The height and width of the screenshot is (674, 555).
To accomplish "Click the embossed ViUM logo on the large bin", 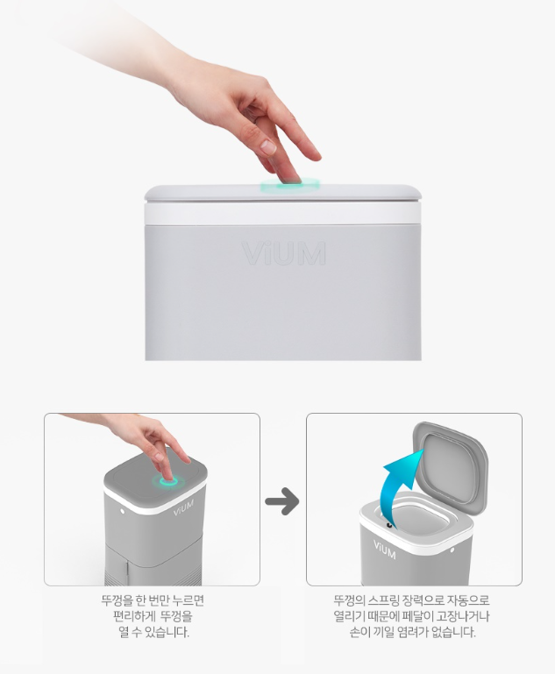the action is pos(284,253).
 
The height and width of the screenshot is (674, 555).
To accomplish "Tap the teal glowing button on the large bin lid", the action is pos(290,184).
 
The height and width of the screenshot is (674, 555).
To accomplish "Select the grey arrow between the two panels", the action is pos(282,501).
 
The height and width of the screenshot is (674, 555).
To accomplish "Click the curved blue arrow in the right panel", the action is pos(398,481).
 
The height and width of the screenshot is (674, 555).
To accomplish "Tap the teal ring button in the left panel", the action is pos(168,482).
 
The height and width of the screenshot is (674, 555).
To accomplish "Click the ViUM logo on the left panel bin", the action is pos(183,507).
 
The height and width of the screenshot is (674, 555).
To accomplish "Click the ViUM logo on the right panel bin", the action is pos(384,550).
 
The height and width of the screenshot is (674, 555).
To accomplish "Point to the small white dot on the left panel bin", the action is pos(123,511).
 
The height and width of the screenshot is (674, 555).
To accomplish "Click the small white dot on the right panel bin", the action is pos(452,550).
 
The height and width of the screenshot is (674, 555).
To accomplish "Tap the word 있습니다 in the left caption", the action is pos(167,633).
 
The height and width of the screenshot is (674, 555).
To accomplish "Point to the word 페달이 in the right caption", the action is pos(417,616).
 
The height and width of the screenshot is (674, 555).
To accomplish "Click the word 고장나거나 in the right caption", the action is pos(463,616).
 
